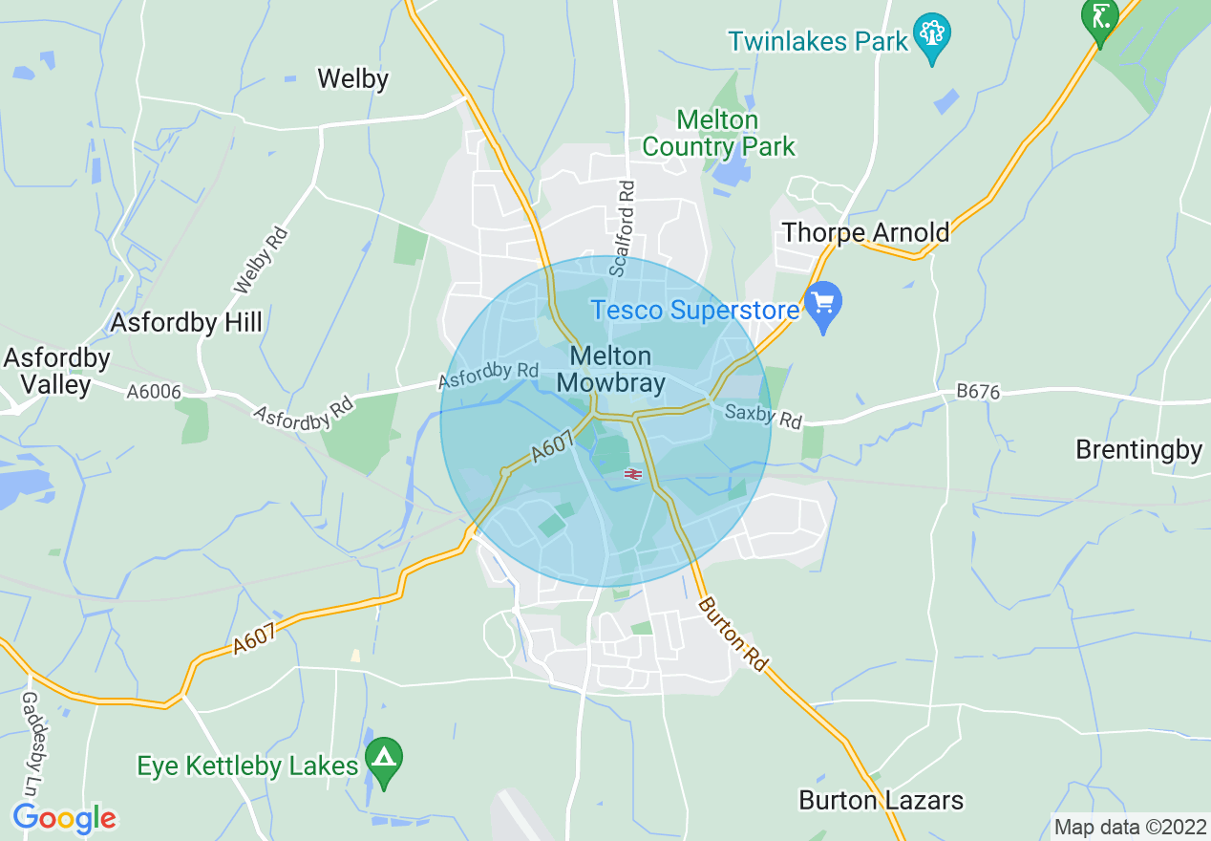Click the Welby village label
(x=353, y=78)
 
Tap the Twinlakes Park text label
(x=817, y=41)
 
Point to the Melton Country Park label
(x=717, y=134)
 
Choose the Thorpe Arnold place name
(x=866, y=232)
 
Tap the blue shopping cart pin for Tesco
(x=822, y=304)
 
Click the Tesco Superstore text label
(x=694, y=311)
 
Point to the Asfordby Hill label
(x=186, y=322)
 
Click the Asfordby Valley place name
(x=57, y=372)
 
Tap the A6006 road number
(x=154, y=391)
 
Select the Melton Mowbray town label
(x=610, y=369)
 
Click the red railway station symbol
(x=632, y=473)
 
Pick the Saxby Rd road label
(x=763, y=416)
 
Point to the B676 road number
(x=978, y=392)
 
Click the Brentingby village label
(x=1138, y=449)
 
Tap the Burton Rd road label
(x=733, y=635)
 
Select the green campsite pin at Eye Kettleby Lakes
(x=384, y=760)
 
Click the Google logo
(x=64, y=818)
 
